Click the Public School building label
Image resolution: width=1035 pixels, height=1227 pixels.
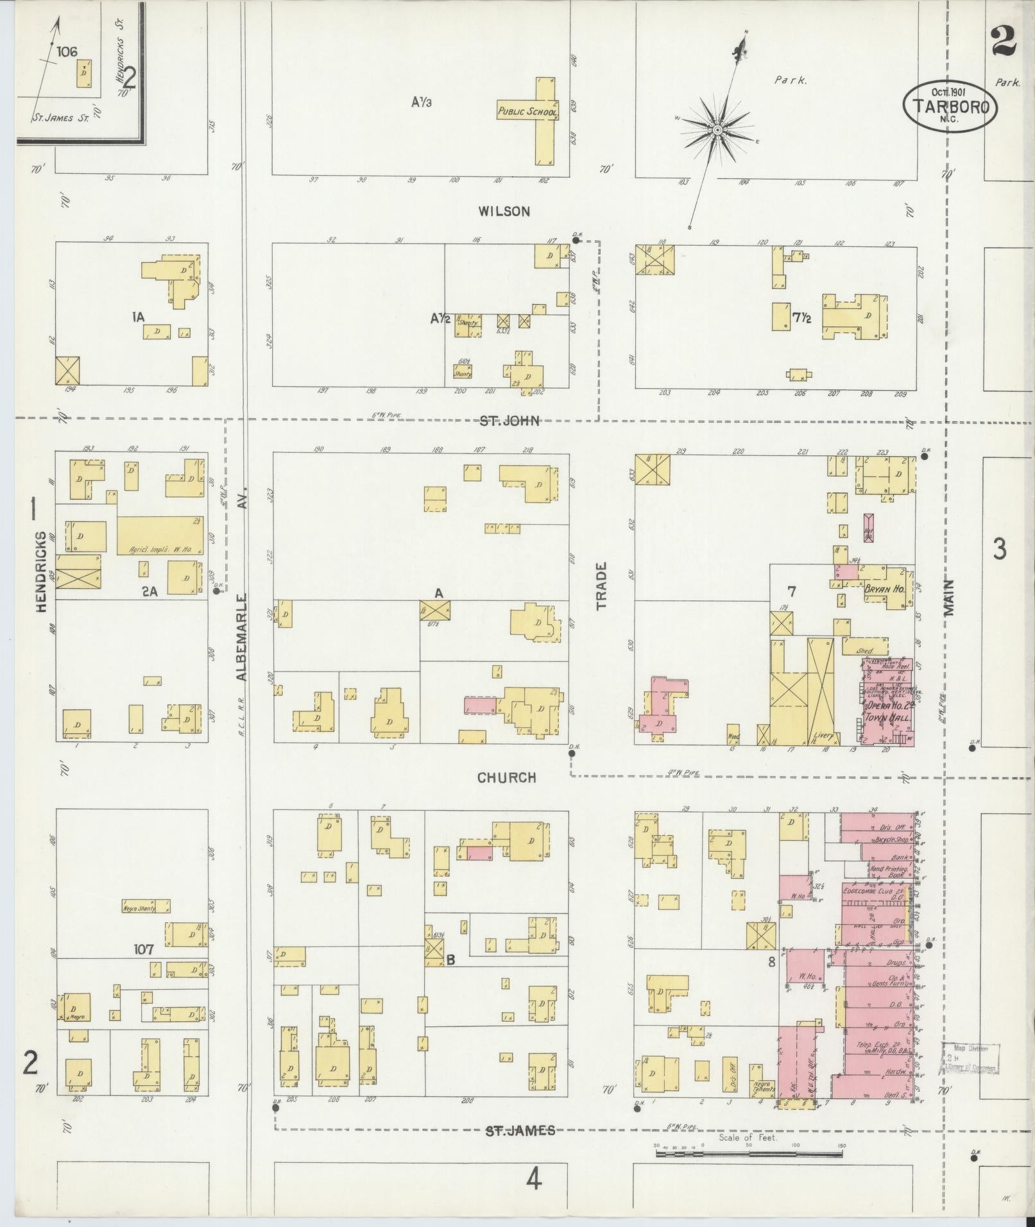[527, 112]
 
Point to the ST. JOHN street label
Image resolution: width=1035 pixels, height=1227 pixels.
[509, 421]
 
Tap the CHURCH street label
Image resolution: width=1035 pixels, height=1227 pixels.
[506, 777]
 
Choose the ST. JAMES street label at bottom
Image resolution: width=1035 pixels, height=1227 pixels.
[520, 1130]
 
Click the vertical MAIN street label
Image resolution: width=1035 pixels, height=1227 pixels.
[950, 598]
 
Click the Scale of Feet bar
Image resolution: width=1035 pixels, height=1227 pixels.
[749, 1154]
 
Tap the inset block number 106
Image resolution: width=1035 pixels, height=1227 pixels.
[67, 52]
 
